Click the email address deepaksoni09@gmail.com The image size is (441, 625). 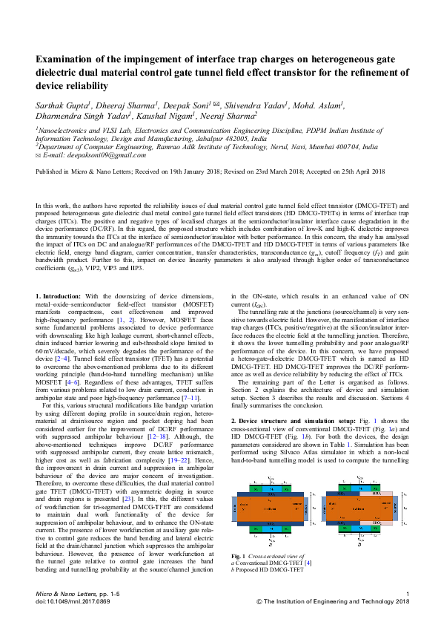point(95,154)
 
